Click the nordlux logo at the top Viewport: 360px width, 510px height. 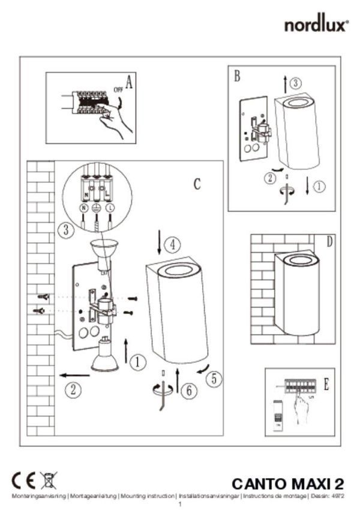(x=316, y=25)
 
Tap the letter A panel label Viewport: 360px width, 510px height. (x=129, y=81)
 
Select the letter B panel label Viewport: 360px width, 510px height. (x=237, y=76)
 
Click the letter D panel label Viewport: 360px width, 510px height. (x=329, y=242)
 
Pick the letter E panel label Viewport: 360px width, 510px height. (x=326, y=385)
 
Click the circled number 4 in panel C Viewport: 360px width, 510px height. (x=172, y=244)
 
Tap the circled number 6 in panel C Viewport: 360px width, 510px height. (x=188, y=391)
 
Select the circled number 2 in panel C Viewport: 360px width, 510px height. (x=73, y=390)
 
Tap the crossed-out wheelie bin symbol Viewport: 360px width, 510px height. (x=49, y=481)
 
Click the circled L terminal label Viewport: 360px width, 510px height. (x=110, y=207)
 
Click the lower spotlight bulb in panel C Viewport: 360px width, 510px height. (x=103, y=355)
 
